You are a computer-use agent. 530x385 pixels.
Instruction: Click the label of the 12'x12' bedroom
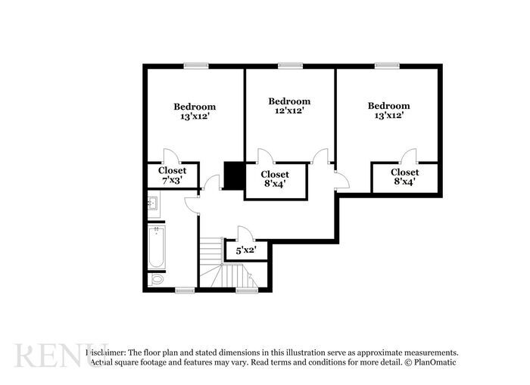point(289,106)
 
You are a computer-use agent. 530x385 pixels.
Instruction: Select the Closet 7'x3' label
point(172,175)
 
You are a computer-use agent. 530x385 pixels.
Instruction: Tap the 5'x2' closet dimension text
point(246,250)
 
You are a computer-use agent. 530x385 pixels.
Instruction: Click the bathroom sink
point(154,203)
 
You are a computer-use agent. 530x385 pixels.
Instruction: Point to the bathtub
point(156,247)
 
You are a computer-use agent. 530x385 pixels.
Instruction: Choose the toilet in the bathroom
point(157,279)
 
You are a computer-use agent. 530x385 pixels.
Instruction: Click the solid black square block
point(233,175)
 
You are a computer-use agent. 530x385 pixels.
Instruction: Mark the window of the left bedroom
point(195,66)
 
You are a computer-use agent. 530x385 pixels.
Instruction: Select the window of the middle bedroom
point(289,66)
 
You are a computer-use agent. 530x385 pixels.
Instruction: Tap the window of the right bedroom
point(388,66)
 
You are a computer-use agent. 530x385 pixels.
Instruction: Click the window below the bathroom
point(185,290)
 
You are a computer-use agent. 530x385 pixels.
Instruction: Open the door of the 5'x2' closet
point(245,233)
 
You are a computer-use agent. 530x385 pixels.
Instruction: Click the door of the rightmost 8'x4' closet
point(409,157)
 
